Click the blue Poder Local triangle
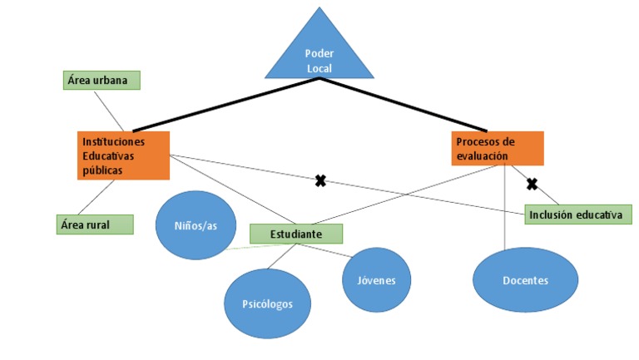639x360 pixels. [319, 52]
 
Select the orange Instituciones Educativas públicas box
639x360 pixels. [123, 155]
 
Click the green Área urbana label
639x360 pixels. [101, 80]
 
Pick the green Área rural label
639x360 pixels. [95, 224]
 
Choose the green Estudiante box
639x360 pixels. [295, 234]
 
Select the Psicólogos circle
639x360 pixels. [268, 303]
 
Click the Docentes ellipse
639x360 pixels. [525, 280]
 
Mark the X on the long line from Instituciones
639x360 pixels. [319, 180]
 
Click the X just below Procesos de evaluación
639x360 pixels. [532, 184]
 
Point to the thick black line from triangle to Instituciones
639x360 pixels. [225, 105]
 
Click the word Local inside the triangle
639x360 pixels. [319, 67]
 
